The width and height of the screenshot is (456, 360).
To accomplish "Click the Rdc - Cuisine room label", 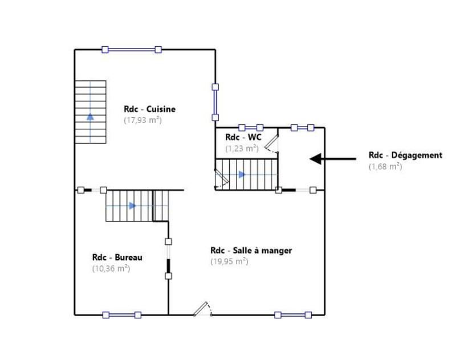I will (149, 109).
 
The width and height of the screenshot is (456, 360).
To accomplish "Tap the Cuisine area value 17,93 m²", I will (143, 120).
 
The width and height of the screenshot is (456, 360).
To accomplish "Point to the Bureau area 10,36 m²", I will (111, 268).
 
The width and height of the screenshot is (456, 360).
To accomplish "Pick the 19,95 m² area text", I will (229, 261).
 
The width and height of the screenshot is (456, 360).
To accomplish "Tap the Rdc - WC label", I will (243, 137).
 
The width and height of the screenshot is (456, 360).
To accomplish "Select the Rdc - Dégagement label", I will (405, 155).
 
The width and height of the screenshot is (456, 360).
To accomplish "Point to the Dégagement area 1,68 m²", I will (385, 166).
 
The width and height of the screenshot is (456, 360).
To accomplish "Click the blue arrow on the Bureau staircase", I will (132, 206).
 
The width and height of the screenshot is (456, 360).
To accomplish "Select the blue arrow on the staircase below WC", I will (242, 174).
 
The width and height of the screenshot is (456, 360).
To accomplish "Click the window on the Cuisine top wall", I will (132, 50).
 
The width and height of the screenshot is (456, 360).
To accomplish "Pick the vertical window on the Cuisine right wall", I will (215, 103).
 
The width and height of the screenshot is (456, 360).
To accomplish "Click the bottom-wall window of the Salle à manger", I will (293, 314).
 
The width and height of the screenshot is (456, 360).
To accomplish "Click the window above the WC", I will (250, 128).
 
